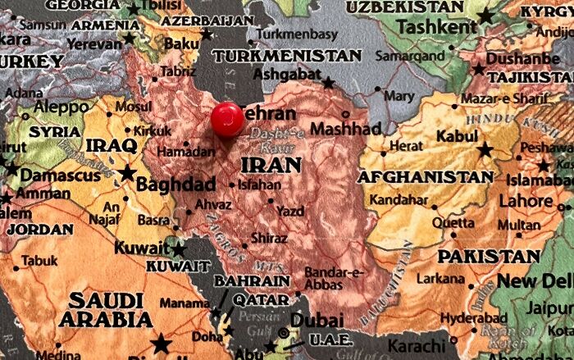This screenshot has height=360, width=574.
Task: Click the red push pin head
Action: (227, 120)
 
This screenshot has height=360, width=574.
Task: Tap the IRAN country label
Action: (271, 165)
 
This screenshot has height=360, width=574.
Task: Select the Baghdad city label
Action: (175, 184)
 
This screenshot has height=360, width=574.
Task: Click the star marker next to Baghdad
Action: (128, 173)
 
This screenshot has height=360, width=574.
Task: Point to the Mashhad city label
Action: (345, 129)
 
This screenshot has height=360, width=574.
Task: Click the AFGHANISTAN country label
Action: (426, 176)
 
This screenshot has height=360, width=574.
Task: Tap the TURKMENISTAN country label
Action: (287, 56)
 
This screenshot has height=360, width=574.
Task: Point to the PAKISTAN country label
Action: (489, 257)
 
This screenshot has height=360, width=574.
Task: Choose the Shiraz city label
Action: (270, 238)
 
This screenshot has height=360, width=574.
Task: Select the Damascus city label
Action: (61, 175)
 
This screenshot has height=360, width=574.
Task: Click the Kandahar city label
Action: (399, 200)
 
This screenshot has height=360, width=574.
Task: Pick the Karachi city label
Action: (414, 345)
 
